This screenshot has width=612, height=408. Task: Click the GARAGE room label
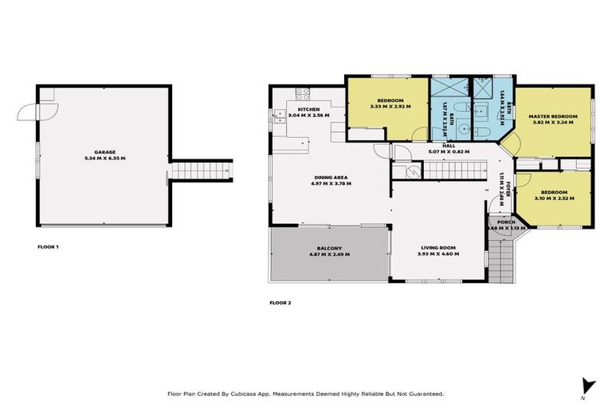pos(105,151)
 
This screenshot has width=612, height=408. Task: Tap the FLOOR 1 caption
pos(49,247)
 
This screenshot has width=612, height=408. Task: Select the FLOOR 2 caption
pos(280,303)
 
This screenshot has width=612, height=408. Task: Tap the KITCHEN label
pos(309,109)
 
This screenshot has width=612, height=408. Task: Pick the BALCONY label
pos(328,248)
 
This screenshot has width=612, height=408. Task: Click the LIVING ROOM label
pos(438,248)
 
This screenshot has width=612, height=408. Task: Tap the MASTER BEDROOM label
pos(553,117)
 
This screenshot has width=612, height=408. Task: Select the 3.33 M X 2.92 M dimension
pos(390,106)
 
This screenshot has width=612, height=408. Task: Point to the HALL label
pos(448,145)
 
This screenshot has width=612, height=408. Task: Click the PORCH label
pos(506,222)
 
